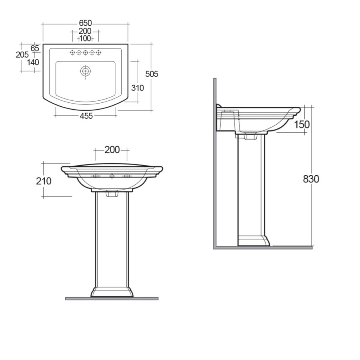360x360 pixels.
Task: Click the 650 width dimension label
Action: pyautogui.click(x=85, y=23)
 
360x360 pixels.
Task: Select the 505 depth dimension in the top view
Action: pyautogui.click(x=152, y=74)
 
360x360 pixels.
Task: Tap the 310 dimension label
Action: pyautogui.click(x=137, y=88)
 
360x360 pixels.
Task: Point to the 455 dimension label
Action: pyautogui.click(x=85, y=116)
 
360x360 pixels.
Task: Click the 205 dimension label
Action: pyautogui.click(x=22, y=55)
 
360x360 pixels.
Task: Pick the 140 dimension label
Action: pyautogui.click(x=33, y=62)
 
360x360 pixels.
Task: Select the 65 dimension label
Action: pyautogui.click(x=35, y=48)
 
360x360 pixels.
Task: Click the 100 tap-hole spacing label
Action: pyautogui.click(x=85, y=39)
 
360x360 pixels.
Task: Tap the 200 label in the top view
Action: pyautogui.click(x=85, y=31)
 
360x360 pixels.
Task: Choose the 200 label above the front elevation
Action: pyautogui.click(x=112, y=150)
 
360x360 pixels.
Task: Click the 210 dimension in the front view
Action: pyautogui.click(x=44, y=181)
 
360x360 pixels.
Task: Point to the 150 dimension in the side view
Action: pyautogui.click(x=302, y=124)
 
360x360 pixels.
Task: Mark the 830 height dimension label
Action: pyautogui.click(x=311, y=179)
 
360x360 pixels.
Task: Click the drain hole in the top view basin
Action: pyautogui.click(x=85, y=72)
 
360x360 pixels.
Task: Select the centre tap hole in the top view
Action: pyautogui.click(x=85, y=53)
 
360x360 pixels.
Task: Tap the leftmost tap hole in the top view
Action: pyautogui.click(x=72, y=53)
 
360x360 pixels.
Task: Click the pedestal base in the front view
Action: pyautogui.click(x=112, y=292)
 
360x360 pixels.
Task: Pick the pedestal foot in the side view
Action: pyautogui.click(x=253, y=241)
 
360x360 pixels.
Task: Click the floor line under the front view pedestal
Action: pyautogui.click(x=112, y=298)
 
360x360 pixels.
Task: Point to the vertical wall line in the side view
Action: pyautogui.click(x=215, y=160)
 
